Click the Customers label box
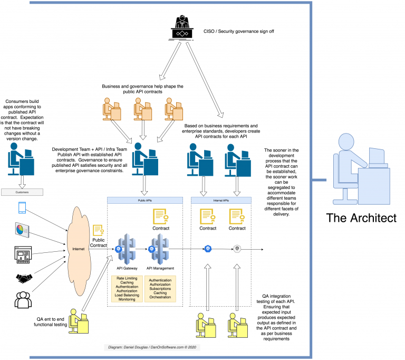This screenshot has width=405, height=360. tap(22, 193)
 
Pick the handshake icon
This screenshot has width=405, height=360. tap(22, 277)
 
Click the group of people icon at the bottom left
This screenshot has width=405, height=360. tap(22, 300)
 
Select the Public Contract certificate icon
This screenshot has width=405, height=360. tap(98, 231)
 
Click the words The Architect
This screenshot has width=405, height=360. tap(360, 218)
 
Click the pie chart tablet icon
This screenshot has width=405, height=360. tap(22, 230)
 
